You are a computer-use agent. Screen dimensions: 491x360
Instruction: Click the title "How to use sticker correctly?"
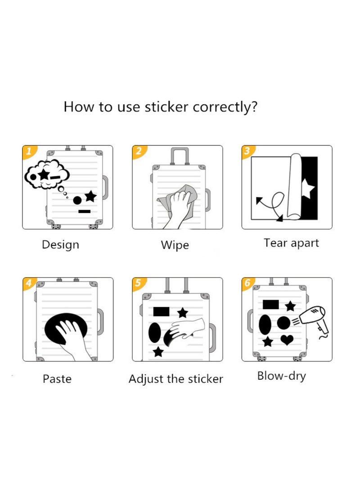click(161, 107)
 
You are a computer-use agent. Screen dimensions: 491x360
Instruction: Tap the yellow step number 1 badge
click(28, 151)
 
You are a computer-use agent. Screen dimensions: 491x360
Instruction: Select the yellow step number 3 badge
click(247, 151)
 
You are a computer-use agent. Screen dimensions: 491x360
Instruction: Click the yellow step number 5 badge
click(138, 283)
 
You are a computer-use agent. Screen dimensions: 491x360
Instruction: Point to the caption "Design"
click(60, 245)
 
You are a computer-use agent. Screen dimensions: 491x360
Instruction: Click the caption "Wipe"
click(175, 245)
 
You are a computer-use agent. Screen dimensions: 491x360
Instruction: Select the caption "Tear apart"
click(291, 243)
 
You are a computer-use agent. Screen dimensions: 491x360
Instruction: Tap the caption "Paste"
click(57, 378)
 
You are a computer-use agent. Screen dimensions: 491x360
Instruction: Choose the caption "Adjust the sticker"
click(175, 379)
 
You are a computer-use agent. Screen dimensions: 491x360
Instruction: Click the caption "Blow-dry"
click(281, 376)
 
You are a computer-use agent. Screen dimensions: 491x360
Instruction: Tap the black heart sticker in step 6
click(287, 340)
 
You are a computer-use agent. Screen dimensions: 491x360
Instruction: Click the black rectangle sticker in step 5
click(161, 311)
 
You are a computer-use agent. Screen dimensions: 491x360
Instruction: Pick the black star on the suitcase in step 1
click(90, 196)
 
